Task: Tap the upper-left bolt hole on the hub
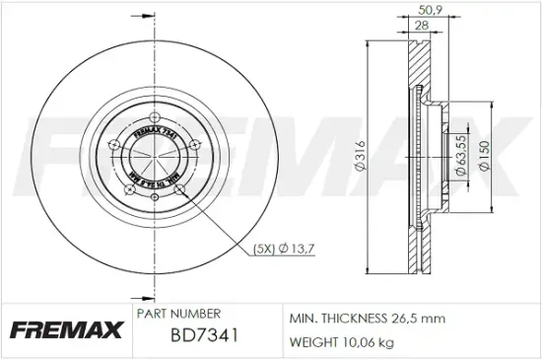(x=117, y=144)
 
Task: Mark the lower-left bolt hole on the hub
(x=128, y=184)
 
